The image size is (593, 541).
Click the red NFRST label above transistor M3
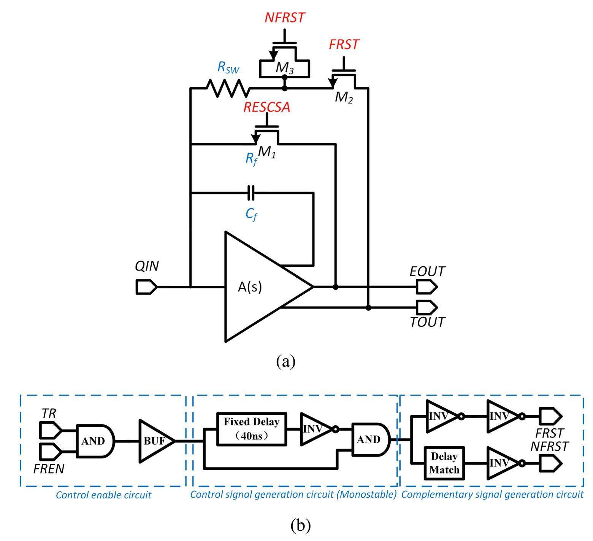[x=285, y=18]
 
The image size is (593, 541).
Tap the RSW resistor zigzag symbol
[x=227, y=88]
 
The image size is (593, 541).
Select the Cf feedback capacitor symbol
[x=251, y=193]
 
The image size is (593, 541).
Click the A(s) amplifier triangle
[x=258, y=287]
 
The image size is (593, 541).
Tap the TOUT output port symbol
[x=427, y=307]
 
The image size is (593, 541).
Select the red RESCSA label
[x=267, y=108]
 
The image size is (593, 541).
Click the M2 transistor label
[x=344, y=98]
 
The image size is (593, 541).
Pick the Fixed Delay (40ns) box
[x=252, y=428]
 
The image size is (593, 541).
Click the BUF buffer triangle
[x=155, y=441]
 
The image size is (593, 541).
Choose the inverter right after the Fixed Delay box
[x=316, y=429]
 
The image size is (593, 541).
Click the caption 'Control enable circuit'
[x=103, y=495]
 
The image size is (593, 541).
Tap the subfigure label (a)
[x=286, y=361]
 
